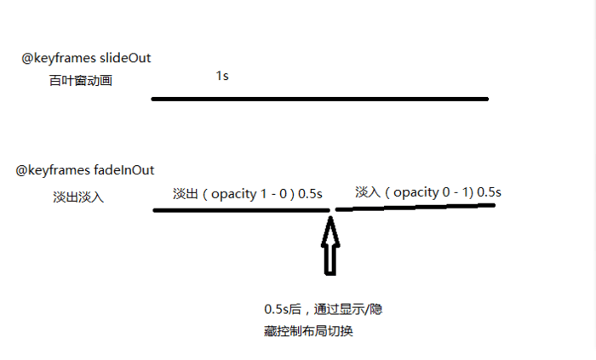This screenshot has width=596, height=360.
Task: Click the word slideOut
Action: click(124, 59)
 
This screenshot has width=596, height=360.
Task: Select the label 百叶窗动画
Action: click(80, 82)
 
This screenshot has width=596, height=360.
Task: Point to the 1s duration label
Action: click(221, 76)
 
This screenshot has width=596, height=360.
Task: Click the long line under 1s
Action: click(319, 99)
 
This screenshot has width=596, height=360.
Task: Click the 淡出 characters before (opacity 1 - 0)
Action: click(186, 194)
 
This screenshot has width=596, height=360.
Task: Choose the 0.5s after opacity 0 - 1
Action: click(489, 192)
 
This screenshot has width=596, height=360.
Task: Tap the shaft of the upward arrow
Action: click(330, 259)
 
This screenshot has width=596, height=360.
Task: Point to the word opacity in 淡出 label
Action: click(233, 194)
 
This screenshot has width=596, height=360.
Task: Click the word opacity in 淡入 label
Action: click(415, 192)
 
